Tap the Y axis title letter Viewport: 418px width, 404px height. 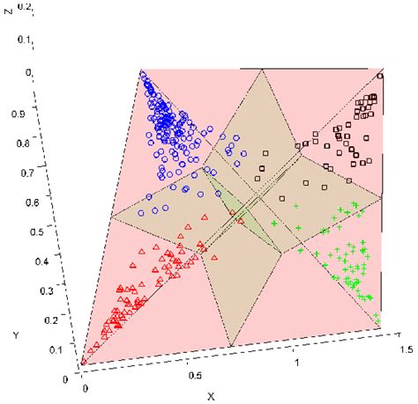(x=16, y=335)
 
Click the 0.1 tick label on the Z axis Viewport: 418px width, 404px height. (x=49, y=40)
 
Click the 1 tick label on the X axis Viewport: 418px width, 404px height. (x=298, y=362)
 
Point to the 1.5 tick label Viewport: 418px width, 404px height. (x=406, y=349)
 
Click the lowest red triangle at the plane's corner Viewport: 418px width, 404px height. (x=84, y=359)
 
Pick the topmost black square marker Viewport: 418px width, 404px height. (x=378, y=75)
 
